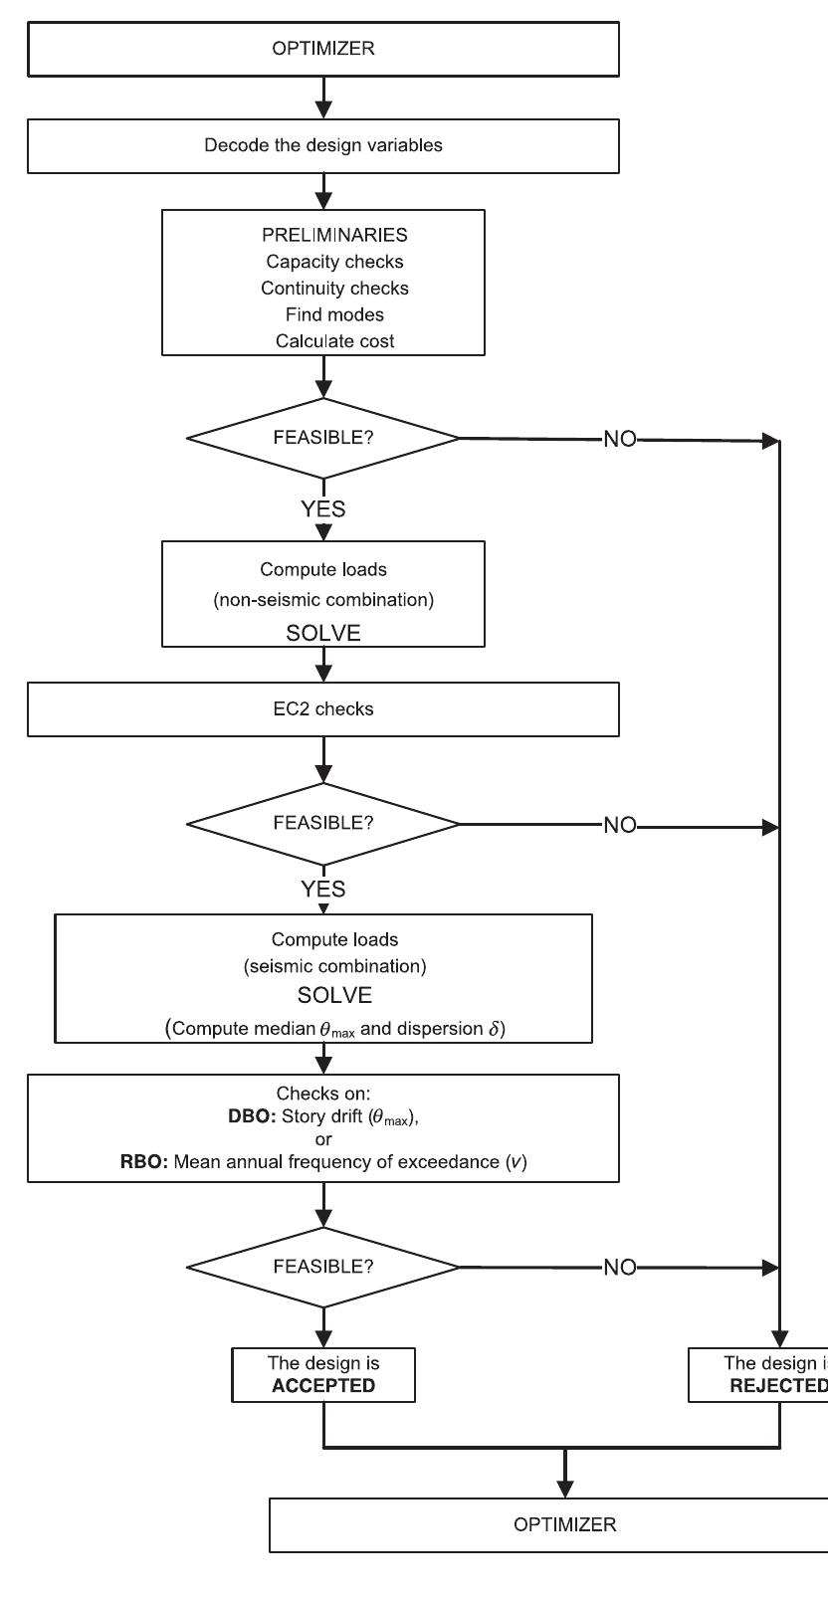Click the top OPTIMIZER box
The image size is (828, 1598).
(x=323, y=49)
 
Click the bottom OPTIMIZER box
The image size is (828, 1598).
(x=564, y=1523)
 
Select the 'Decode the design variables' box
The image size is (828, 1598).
(x=323, y=145)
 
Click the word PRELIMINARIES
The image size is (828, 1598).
(x=323, y=236)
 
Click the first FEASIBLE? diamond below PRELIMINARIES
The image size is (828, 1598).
(x=323, y=438)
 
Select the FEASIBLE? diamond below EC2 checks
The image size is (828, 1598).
(x=323, y=824)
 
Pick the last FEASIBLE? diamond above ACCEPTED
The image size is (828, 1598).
(x=323, y=1267)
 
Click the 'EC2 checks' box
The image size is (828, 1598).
(x=323, y=710)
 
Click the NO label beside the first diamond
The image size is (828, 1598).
(x=619, y=439)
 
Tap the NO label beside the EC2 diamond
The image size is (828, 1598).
(x=619, y=825)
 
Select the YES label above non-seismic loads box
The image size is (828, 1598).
(x=323, y=508)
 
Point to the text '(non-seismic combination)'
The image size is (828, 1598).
(x=323, y=601)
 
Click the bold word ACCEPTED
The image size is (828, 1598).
(x=323, y=1385)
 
